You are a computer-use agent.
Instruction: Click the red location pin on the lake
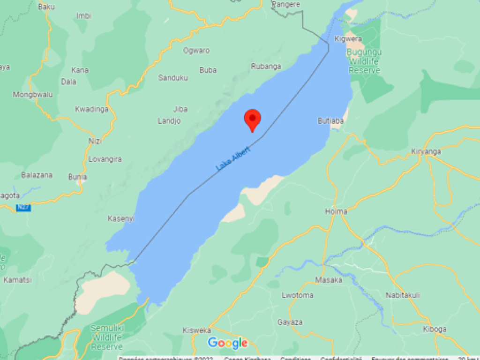(x=253, y=119)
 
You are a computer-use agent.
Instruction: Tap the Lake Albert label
(x=233, y=158)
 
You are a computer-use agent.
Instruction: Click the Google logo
(x=228, y=343)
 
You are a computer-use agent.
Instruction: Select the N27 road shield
(x=23, y=208)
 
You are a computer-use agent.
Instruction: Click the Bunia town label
(x=77, y=177)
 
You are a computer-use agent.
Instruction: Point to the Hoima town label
(x=336, y=211)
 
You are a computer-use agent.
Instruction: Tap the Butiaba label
(x=331, y=120)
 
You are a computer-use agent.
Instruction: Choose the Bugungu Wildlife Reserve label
(x=364, y=60)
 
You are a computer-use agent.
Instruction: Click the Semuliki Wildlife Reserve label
(x=107, y=337)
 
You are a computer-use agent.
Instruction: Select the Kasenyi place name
(x=121, y=218)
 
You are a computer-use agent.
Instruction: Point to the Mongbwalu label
(x=33, y=94)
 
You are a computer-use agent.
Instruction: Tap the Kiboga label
(x=434, y=329)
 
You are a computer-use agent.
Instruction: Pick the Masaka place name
(x=329, y=280)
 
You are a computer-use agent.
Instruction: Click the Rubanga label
(x=266, y=66)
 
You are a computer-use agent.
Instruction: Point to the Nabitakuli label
(x=403, y=295)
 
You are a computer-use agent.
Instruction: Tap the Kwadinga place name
(x=92, y=109)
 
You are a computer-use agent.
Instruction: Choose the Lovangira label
(x=105, y=159)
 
